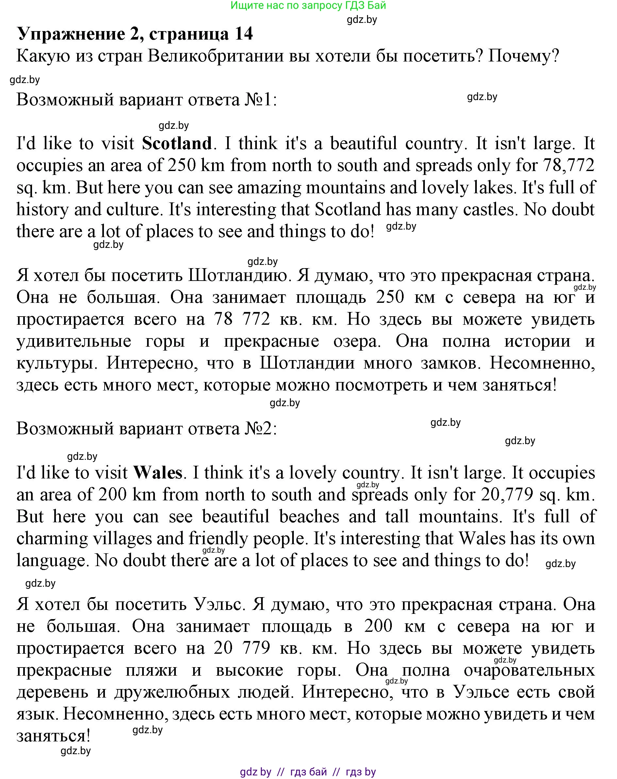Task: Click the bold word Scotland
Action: [x=176, y=144]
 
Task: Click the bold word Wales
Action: [x=158, y=473]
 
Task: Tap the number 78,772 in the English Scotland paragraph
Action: [x=569, y=165]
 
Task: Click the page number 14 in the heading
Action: [x=244, y=34]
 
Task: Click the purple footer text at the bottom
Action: [x=308, y=772]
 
